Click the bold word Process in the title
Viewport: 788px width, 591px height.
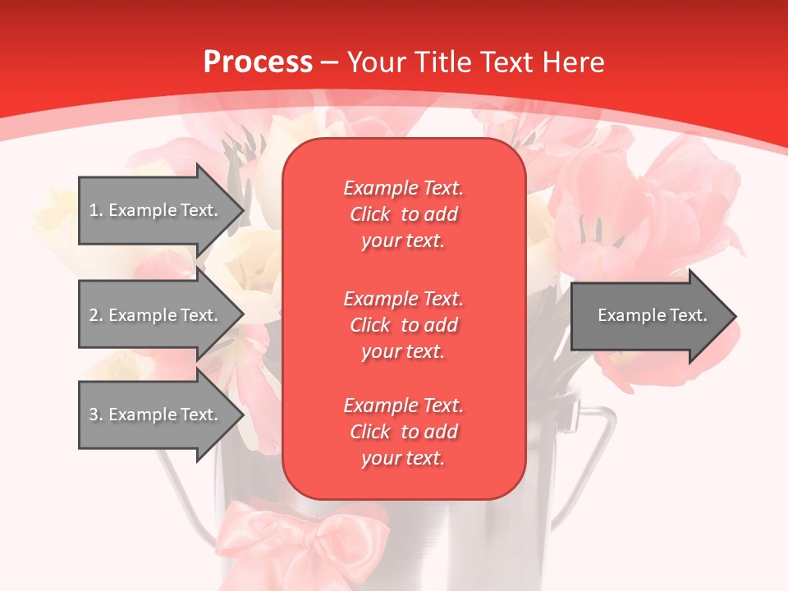click(258, 62)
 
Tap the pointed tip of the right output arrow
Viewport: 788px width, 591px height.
click(734, 315)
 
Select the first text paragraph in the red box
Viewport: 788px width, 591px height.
click(403, 214)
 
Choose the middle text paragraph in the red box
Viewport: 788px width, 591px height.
click(403, 325)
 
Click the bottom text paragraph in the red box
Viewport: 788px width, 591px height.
click(403, 432)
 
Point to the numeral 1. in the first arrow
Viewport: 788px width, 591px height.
click(95, 210)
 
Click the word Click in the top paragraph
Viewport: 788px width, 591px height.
click(369, 214)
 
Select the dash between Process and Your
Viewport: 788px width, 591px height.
click(330, 62)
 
